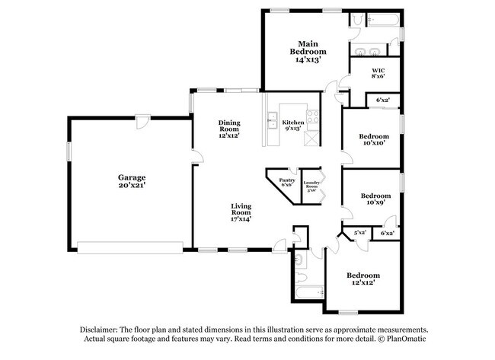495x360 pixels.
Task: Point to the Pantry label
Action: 286,180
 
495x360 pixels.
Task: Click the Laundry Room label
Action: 310,184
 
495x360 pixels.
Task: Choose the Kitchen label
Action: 293,123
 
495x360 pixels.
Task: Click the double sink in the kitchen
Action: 270,119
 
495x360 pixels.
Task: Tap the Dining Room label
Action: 229,126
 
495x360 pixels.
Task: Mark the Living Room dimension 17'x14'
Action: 241,218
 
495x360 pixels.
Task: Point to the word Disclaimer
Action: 103,328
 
